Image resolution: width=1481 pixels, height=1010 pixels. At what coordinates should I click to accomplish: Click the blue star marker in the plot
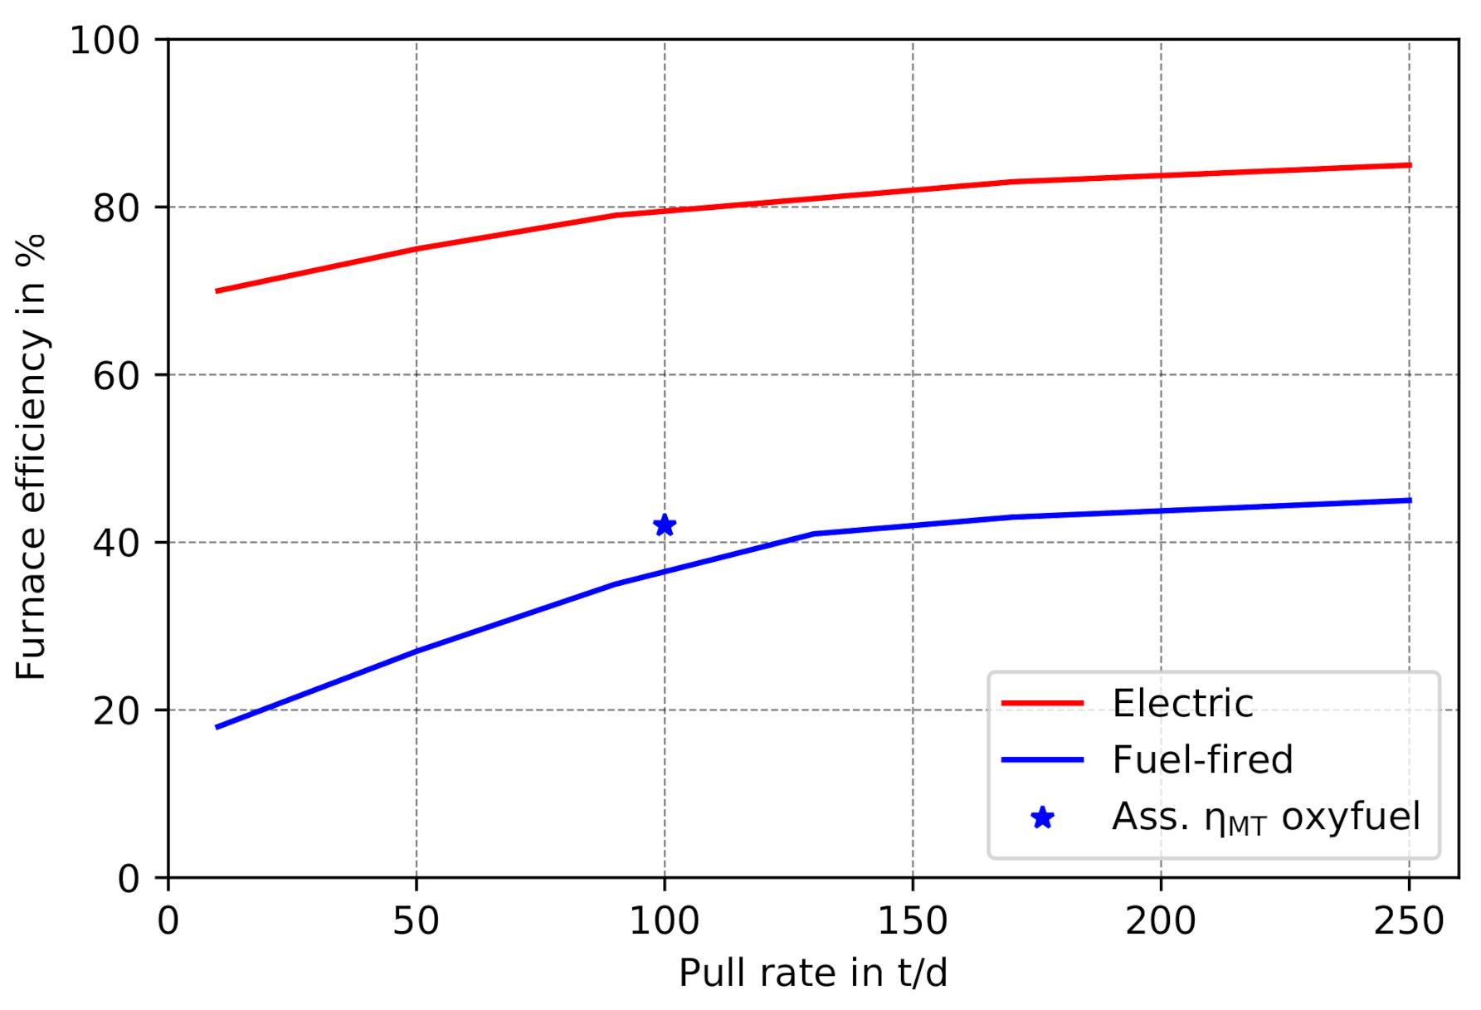[664, 525]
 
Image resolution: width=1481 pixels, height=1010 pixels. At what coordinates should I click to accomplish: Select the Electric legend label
[1182, 704]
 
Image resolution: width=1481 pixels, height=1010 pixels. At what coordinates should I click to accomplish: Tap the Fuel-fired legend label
[1202, 760]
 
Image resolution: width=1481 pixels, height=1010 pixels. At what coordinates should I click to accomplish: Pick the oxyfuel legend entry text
[1265, 817]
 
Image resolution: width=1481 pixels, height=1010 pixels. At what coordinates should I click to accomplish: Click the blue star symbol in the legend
[1042, 818]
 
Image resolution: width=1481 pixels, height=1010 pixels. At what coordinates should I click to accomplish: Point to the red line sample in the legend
[1042, 703]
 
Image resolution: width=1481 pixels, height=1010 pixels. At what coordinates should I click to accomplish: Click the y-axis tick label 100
[104, 41]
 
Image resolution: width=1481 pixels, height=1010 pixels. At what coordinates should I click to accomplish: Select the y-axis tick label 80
[115, 208]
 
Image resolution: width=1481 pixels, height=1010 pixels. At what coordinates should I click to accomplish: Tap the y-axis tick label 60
[115, 376]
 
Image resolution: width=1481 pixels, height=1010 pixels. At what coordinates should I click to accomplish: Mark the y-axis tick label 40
[115, 544]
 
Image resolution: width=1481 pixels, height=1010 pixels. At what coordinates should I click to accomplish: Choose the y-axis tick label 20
[115, 711]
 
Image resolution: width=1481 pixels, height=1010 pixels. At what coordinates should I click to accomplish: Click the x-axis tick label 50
[416, 921]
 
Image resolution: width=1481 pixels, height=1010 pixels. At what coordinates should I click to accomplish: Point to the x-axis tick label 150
[912, 921]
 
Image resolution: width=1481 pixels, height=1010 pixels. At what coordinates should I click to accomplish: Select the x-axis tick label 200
[1160, 921]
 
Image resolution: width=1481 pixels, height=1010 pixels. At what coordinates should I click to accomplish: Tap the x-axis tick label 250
[1408, 921]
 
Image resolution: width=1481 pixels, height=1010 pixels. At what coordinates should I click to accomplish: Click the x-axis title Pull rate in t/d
[812, 973]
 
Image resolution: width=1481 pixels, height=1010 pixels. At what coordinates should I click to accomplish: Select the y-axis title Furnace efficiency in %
[31, 456]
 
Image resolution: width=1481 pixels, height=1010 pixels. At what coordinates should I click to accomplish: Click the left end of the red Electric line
[217, 290]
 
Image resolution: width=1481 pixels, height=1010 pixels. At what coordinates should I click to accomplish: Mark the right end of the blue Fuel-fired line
[1409, 500]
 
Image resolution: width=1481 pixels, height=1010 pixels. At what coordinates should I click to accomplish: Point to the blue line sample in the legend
[1042, 759]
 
